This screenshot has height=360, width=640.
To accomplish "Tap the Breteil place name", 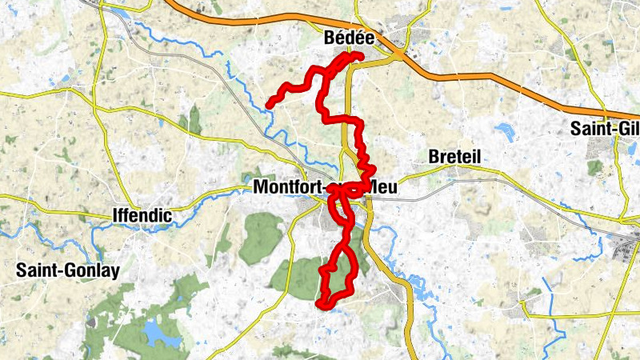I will [454, 157].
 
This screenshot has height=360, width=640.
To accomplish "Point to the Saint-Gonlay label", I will [67, 270].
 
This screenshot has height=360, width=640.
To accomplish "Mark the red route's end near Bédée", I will [360, 55].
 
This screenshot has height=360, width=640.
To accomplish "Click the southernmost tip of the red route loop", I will [322, 304].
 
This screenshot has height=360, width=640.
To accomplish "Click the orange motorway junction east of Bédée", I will [398, 54].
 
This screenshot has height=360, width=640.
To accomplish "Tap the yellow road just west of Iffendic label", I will [96, 214].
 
